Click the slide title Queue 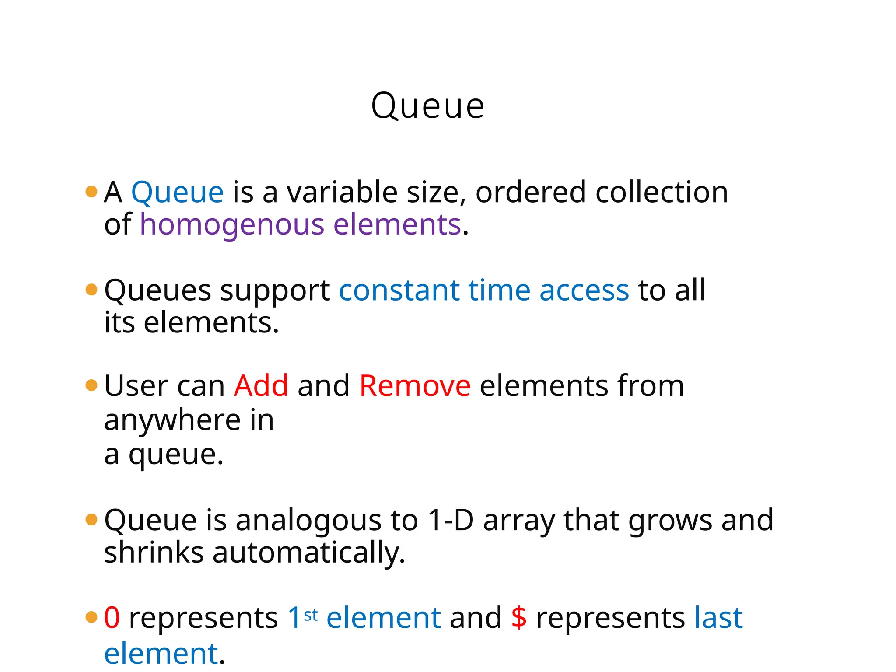(427, 106)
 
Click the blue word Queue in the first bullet (177, 192)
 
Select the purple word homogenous (232, 225)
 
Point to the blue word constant (399, 290)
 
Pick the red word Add (261, 386)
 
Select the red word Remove (415, 386)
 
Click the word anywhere (172, 421)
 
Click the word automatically (308, 553)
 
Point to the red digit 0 (112, 618)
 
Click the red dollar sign (519, 618)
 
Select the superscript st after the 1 (311, 615)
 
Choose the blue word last (718, 618)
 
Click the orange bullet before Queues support (91, 290)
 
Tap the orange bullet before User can (91, 385)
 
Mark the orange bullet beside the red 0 (91, 617)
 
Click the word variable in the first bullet (341, 192)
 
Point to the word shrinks (154, 553)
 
